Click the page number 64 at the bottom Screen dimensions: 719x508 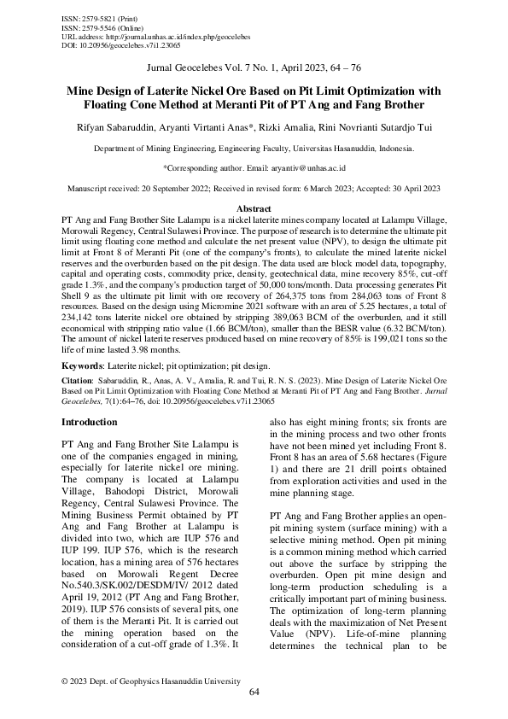(x=254, y=693)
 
